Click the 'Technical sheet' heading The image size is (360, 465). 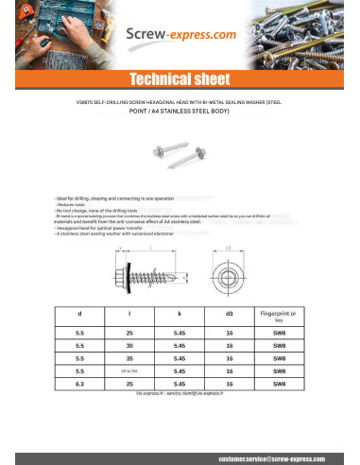click(x=180, y=79)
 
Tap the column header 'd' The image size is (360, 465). click(x=80, y=313)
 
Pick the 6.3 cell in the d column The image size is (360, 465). click(x=80, y=384)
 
